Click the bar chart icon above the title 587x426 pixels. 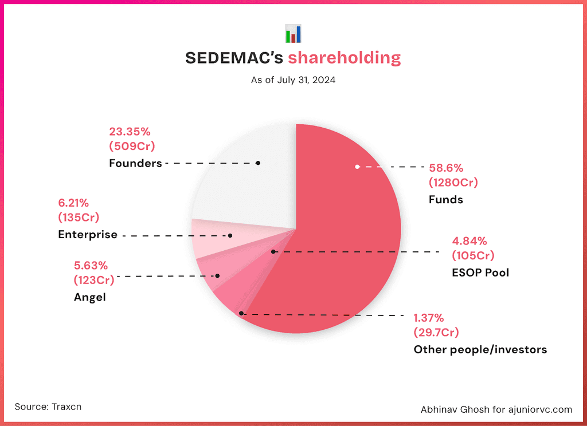pyautogui.click(x=293, y=34)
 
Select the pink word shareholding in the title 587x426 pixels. pyautogui.click(x=344, y=58)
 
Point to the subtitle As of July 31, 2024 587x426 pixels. pyautogui.click(x=293, y=80)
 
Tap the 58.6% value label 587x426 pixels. pyautogui.click(x=446, y=168)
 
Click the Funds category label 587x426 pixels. pyautogui.click(x=445, y=200)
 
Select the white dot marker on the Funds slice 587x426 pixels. pyautogui.click(x=357, y=167)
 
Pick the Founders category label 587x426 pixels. pyautogui.click(x=135, y=163)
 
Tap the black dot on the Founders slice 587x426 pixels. pyautogui.click(x=258, y=163)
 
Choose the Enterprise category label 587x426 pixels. pyautogui.click(x=88, y=235)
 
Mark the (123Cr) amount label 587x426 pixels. pyautogui.click(x=94, y=280)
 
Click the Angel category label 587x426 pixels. pyautogui.click(x=89, y=297)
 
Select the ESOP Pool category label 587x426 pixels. pyautogui.click(x=480, y=272)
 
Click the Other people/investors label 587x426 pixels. pyautogui.click(x=480, y=349)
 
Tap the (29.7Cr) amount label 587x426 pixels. pyautogui.click(x=436, y=332)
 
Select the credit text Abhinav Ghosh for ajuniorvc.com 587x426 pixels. pyautogui.click(x=496, y=409)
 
